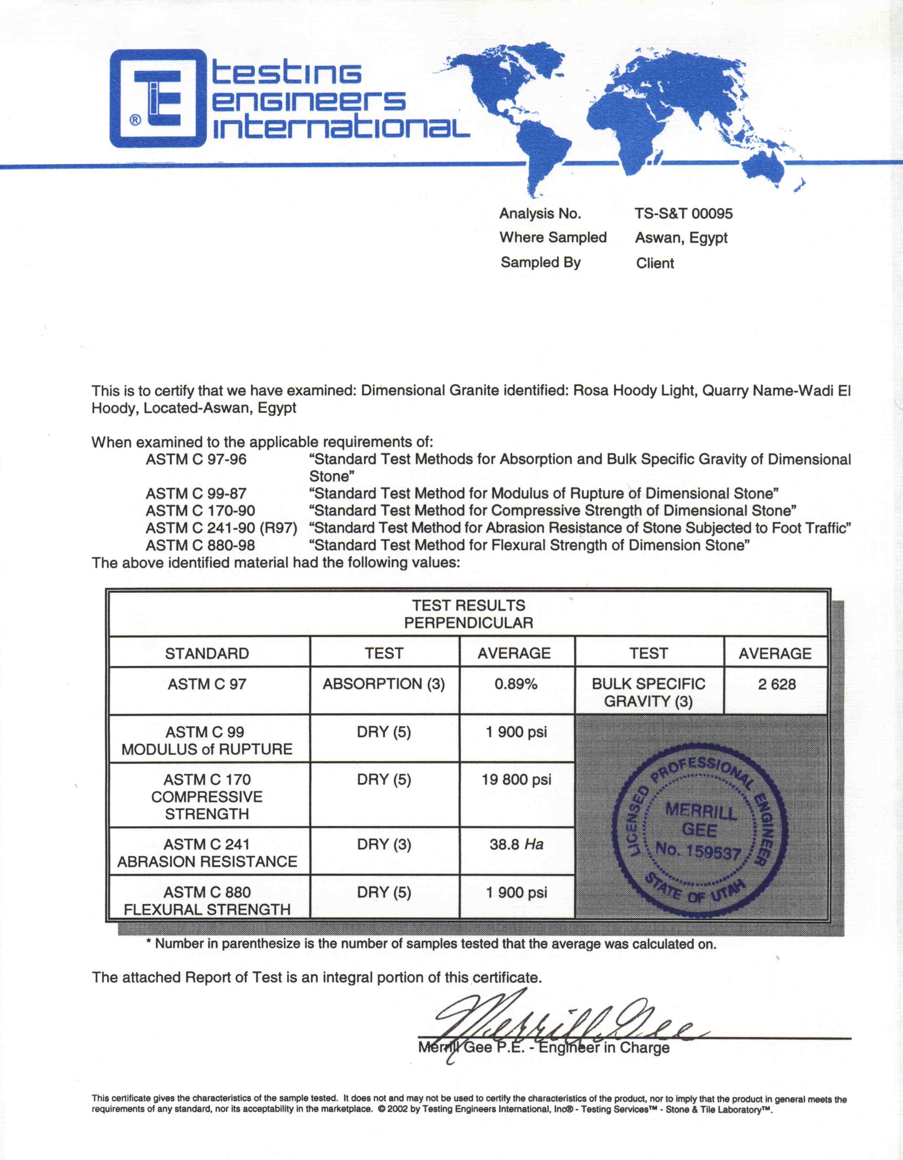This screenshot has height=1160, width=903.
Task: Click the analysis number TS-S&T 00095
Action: (x=683, y=214)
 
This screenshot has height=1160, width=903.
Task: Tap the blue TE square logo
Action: (x=158, y=98)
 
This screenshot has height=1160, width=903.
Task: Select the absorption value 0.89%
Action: (x=516, y=684)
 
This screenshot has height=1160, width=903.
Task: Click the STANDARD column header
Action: (x=207, y=653)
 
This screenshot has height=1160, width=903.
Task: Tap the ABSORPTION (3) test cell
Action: (x=383, y=684)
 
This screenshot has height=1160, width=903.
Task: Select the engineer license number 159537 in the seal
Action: (x=698, y=851)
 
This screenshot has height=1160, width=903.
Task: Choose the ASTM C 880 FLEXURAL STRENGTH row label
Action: (x=207, y=901)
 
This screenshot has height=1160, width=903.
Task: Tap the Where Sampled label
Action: (x=553, y=238)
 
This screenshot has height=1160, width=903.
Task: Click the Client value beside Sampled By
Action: (x=655, y=263)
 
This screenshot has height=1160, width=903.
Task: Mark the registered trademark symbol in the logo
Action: (x=135, y=120)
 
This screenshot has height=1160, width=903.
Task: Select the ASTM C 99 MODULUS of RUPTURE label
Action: (x=207, y=740)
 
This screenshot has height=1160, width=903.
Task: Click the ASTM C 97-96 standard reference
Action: (x=196, y=459)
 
